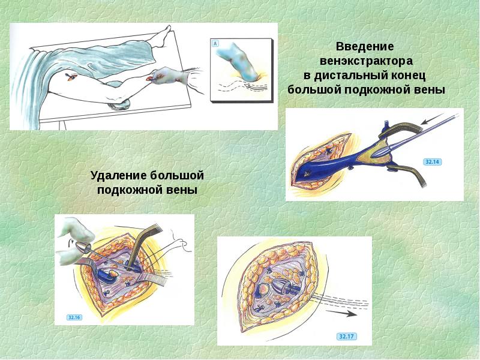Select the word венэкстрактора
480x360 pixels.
365,61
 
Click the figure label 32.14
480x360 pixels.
432,162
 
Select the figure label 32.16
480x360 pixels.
76,316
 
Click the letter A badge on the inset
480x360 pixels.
216,43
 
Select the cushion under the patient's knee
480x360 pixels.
118,106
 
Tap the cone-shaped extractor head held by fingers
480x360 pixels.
83,247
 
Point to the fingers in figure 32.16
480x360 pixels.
75,228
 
